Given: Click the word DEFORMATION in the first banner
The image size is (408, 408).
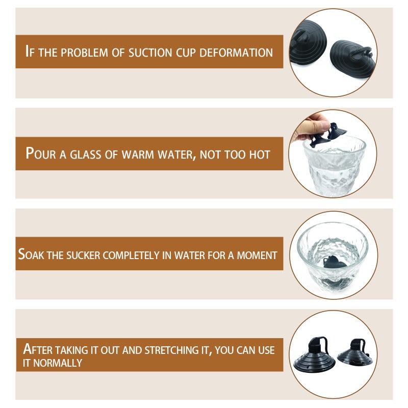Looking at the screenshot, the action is pyautogui.click(x=236, y=53).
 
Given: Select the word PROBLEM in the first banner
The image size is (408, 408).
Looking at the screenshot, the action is pyautogui.click(x=84, y=53).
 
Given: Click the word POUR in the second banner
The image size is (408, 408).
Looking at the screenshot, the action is pyautogui.click(x=41, y=154).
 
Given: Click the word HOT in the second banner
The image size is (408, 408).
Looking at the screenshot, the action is pyautogui.click(x=260, y=155).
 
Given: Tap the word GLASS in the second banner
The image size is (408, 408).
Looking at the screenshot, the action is pyautogui.click(x=85, y=155).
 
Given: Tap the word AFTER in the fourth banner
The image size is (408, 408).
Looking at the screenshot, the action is pyautogui.click(x=38, y=349).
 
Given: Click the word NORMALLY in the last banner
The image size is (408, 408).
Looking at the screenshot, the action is pyautogui.click(x=58, y=363).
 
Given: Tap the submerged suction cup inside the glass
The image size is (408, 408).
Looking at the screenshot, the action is pyautogui.click(x=335, y=262).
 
